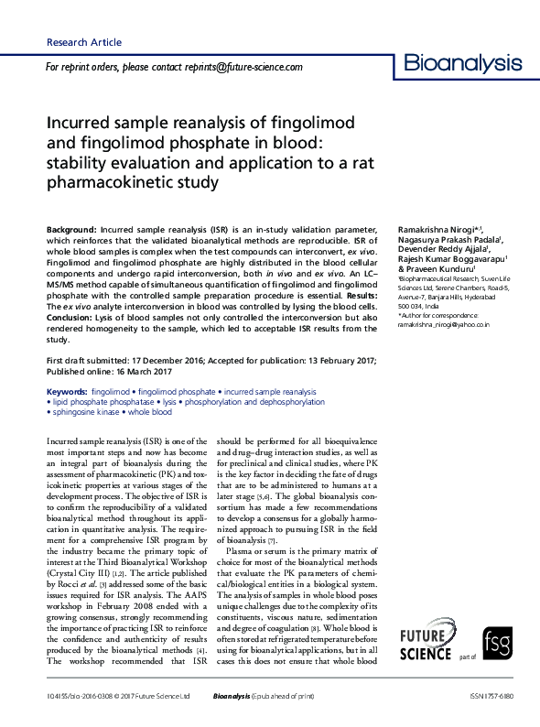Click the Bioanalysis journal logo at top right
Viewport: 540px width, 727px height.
pos(463,63)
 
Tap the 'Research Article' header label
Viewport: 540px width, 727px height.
pos(83,43)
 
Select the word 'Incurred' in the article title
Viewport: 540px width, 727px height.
pos(81,123)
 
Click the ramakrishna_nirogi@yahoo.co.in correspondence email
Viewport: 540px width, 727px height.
pos(444,324)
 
